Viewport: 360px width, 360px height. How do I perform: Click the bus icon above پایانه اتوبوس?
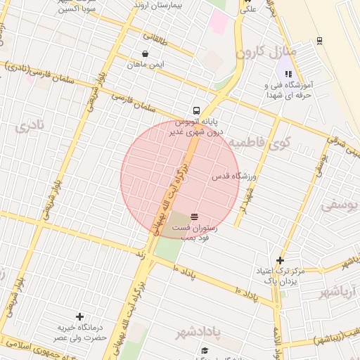[197, 110]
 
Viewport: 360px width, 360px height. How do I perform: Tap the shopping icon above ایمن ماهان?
[145, 53]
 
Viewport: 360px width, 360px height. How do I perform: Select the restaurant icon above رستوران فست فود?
[194, 216]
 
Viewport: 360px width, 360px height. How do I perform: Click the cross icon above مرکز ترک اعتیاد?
[280, 260]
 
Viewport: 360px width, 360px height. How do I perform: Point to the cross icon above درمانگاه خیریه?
[79, 317]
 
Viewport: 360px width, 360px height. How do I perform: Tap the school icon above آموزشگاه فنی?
[288, 74]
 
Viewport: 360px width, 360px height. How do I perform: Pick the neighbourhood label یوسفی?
[340, 206]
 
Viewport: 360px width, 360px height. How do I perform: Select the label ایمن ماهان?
[146, 64]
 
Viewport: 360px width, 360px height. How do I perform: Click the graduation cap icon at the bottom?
[205, 351]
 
